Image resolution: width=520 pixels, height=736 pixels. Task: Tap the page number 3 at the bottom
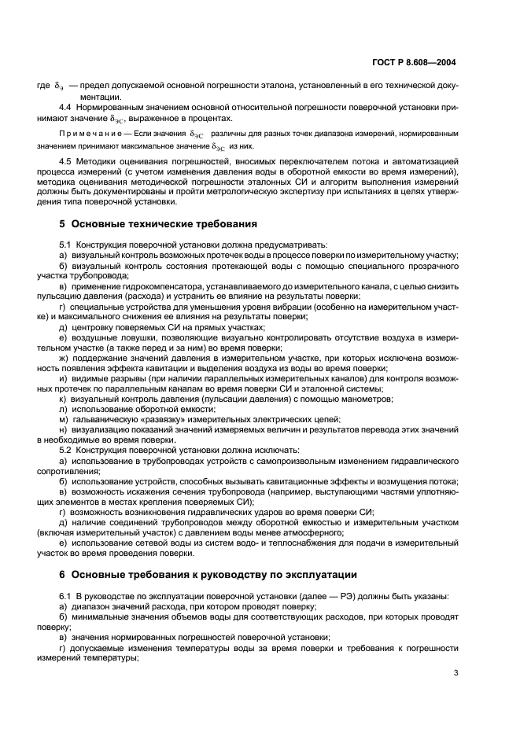(x=455, y=672)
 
